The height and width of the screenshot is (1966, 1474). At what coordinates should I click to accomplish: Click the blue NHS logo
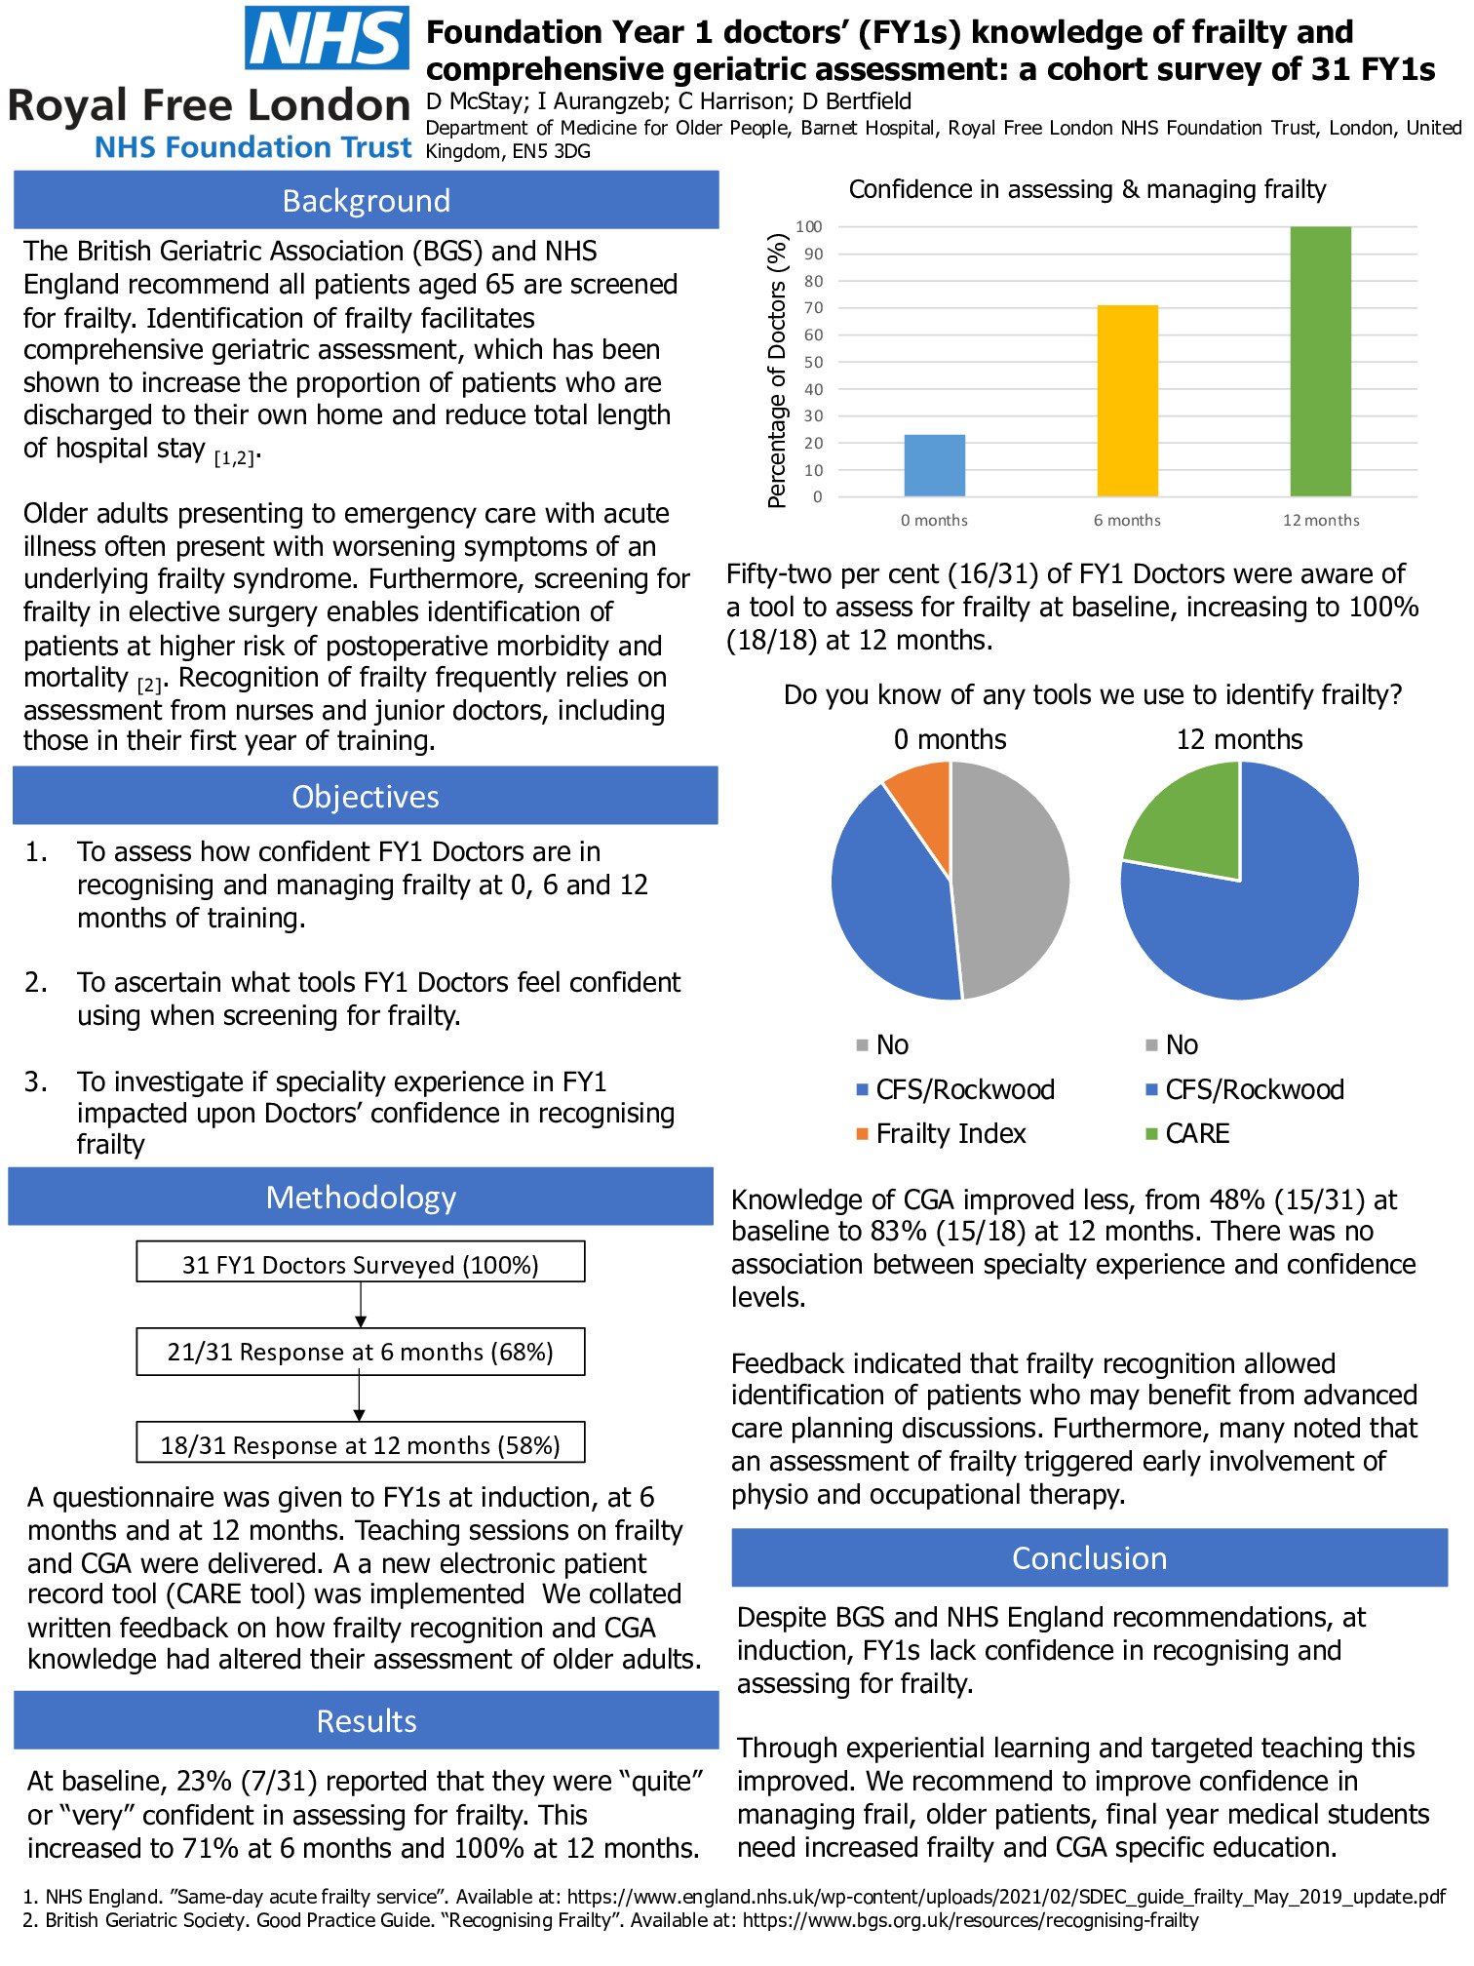(327, 38)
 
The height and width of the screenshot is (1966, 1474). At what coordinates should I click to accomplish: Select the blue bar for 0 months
(934, 465)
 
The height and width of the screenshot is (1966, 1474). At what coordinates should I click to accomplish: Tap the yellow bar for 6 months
(1127, 401)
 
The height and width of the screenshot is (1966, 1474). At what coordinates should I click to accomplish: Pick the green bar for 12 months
(1320, 361)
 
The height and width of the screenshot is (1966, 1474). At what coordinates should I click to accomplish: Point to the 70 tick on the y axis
(813, 307)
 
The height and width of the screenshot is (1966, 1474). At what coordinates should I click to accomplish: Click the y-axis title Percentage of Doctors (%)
(777, 371)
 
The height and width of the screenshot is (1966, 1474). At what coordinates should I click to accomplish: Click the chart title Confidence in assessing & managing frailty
(1087, 189)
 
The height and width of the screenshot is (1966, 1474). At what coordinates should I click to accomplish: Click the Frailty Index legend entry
(950, 1133)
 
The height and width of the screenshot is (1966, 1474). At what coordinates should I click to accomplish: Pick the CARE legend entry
(1196, 1133)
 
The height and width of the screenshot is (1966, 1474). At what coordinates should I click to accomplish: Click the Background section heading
(367, 201)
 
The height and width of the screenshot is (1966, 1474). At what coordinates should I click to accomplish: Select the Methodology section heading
(361, 1197)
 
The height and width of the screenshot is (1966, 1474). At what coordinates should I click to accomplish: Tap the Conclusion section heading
(1089, 1557)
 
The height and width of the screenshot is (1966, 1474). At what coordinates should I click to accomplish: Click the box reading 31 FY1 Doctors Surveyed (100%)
(361, 1264)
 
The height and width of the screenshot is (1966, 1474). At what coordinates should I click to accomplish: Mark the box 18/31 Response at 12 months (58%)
(361, 1444)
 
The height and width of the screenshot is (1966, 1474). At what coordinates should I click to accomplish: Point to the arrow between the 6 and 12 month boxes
(360, 1398)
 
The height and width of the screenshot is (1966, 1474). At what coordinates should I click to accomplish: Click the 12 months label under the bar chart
(1320, 521)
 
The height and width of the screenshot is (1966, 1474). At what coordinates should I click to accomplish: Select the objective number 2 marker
(36, 982)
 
